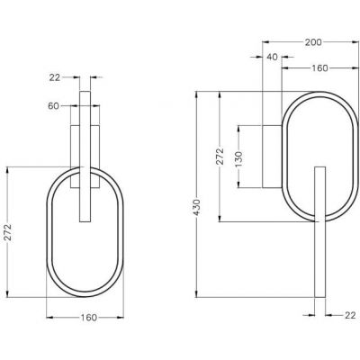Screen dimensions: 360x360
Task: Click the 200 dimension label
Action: click(313, 41)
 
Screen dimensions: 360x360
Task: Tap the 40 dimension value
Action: click(272, 58)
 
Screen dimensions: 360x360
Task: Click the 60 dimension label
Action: click(55, 105)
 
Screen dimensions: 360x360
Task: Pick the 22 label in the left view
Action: click(55, 77)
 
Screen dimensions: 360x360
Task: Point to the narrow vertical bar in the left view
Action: click(85, 153)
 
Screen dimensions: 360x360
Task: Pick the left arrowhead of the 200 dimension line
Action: click(264, 41)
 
